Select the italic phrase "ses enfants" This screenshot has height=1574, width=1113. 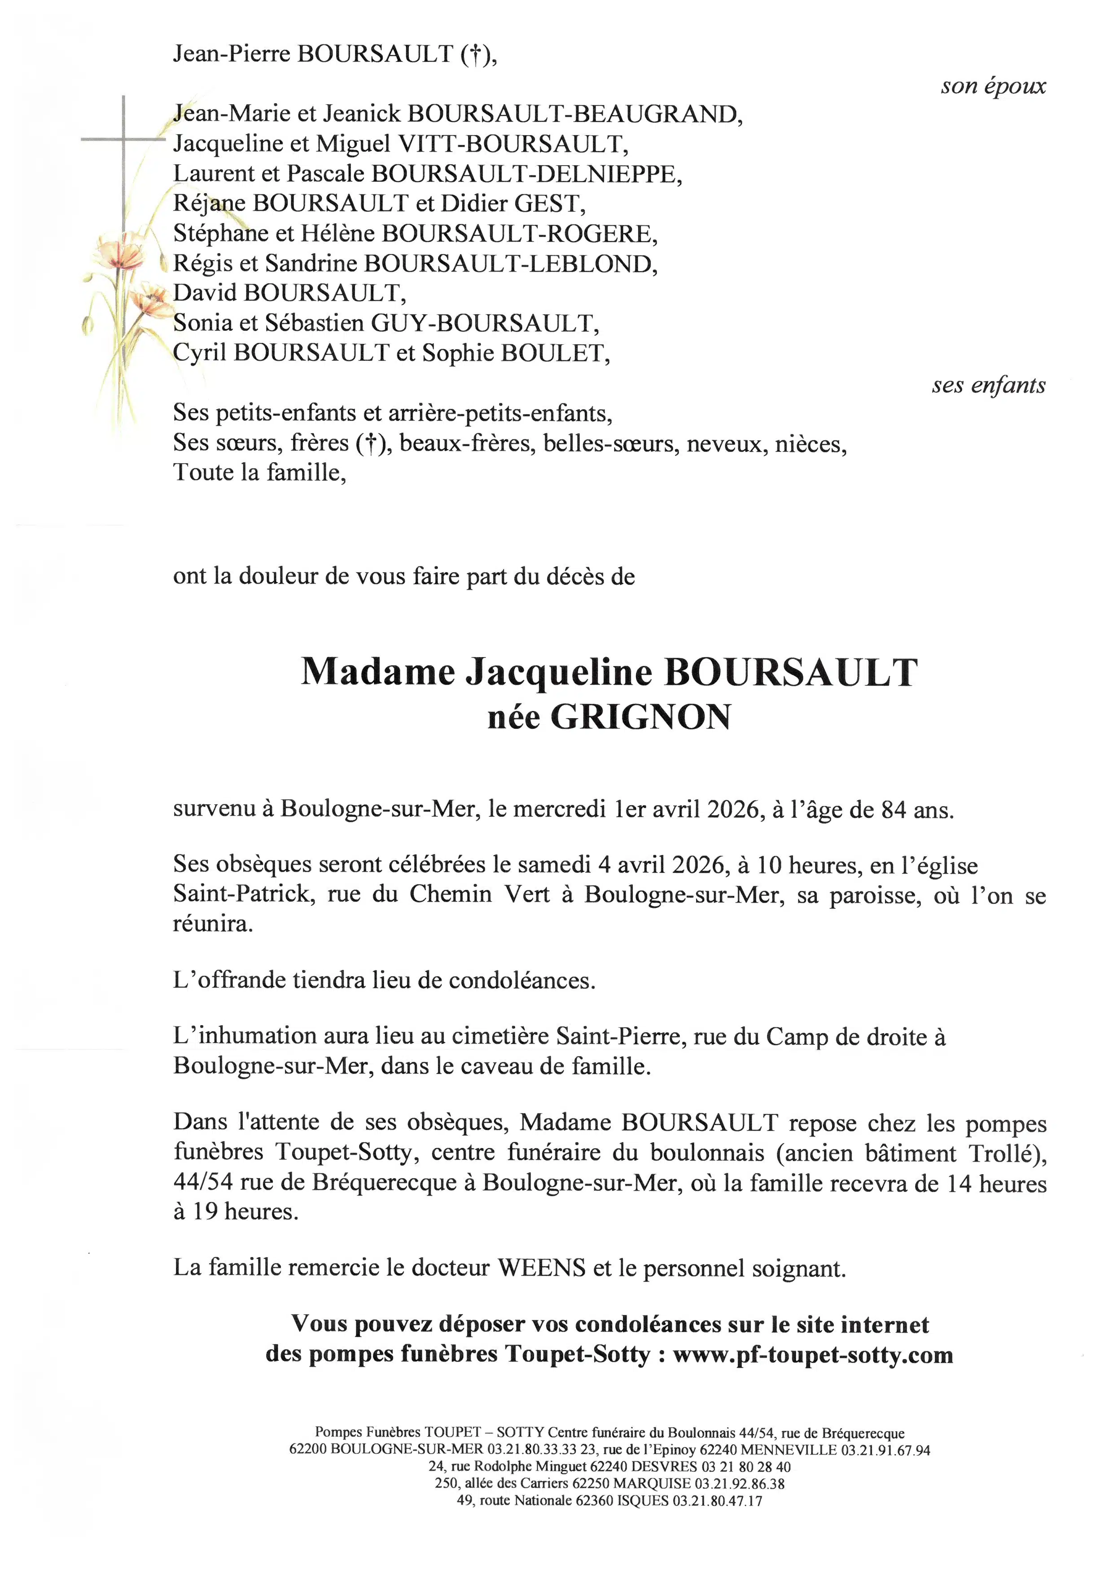coord(988,386)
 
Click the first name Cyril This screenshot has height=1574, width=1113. coord(199,353)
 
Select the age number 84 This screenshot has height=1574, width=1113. coord(894,810)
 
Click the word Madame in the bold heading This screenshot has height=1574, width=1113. coord(377,672)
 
